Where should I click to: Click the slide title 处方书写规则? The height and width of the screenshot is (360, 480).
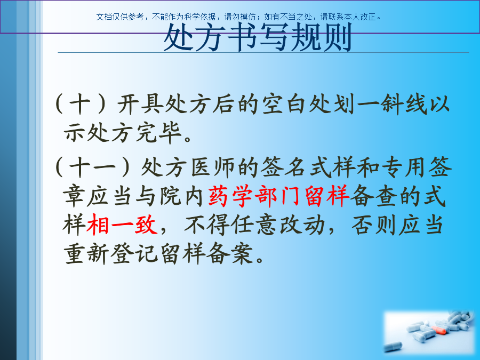pos(258,38)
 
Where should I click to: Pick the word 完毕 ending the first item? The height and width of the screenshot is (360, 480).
pos(158,133)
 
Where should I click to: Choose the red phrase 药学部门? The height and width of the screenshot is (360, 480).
pos(254,196)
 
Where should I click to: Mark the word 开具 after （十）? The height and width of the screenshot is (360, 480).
pos(139,105)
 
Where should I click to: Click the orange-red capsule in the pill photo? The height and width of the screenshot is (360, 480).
pos(439,330)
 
